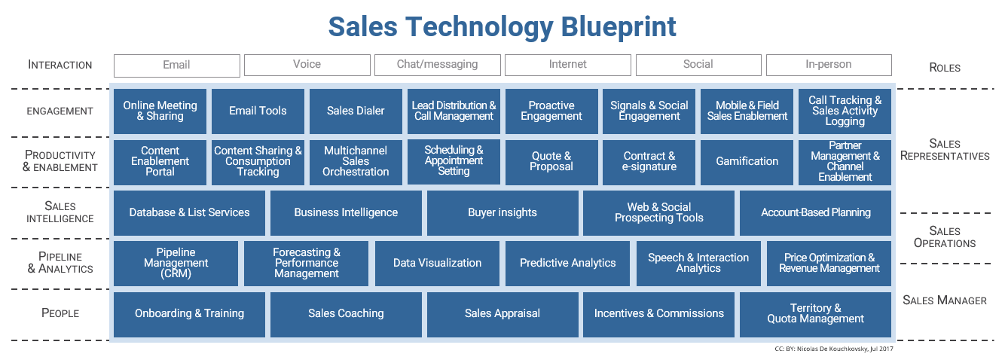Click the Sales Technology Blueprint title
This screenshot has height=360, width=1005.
(x=502, y=26)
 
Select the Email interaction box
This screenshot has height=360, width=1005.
(x=176, y=65)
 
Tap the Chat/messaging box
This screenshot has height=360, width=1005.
(x=437, y=65)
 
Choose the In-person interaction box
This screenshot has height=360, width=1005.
(x=828, y=65)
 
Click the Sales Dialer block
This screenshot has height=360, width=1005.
(x=356, y=111)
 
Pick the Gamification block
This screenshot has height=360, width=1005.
(x=747, y=161)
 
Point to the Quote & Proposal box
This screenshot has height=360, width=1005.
(x=551, y=161)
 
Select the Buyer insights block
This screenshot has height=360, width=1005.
(x=502, y=212)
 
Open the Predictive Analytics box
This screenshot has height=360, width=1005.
(x=567, y=263)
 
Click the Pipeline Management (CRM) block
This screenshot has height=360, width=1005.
(x=176, y=263)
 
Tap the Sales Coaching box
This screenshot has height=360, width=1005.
(x=346, y=313)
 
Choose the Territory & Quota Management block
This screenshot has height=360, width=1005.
(x=815, y=313)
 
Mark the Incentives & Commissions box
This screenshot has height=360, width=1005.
(x=658, y=313)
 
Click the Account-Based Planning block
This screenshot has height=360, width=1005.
(x=815, y=212)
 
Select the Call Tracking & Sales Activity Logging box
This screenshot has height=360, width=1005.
(x=845, y=111)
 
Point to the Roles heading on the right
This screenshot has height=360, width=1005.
(x=944, y=68)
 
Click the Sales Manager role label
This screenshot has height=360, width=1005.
(x=944, y=300)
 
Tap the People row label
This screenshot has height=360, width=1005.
(x=60, y=313)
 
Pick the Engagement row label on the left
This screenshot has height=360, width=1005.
(x=60, y=111)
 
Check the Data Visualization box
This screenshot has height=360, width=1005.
(x=437, y=263)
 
